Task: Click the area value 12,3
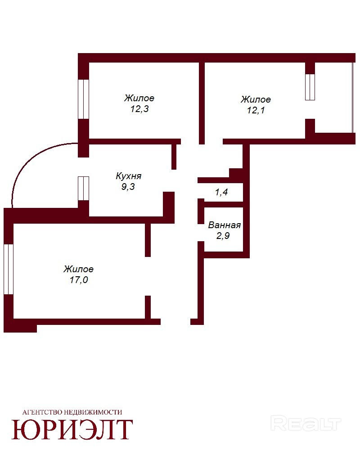click(x=139, y=109)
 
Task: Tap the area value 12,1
click(x=256, y=110)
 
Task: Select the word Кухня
click(x=128, y=176)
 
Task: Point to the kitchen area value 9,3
click(x=128, y=187)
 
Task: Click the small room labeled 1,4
click(x=221, y=192)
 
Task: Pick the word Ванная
click(x=224, y=225)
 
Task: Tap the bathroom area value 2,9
click(x=223, y=236)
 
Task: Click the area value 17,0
click(x=79, y=280)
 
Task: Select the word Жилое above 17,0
click(x=79, y=269)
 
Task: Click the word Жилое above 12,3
click(x=139, y=98)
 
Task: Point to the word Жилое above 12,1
click(x=256, y=99)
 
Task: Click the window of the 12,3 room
click(x=84, y=99)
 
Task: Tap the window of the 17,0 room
click(x=9, y=269)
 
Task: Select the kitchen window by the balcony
click(x=84, y=188)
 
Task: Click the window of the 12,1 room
click(x=310, y=87)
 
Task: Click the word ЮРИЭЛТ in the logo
click(x=72, y=430)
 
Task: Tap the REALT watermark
click(x=306, y=423)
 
